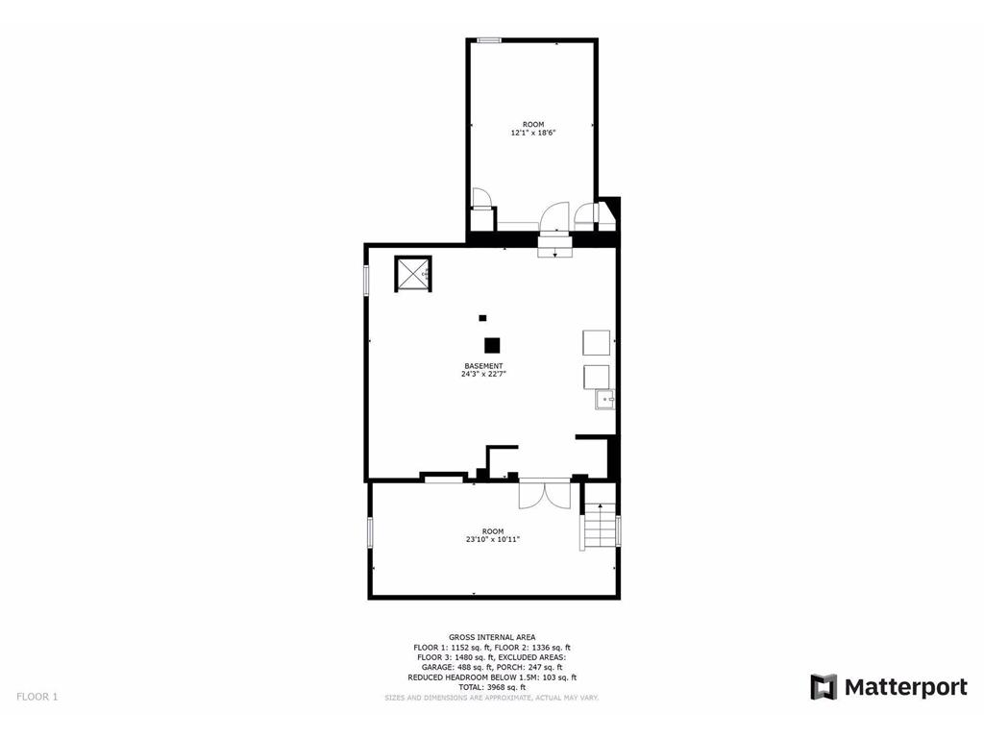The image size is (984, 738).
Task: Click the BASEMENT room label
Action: pyautogui.click(x=483, y=366)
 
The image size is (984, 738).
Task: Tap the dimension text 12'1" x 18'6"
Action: pyautogui.click(x=533, y=133)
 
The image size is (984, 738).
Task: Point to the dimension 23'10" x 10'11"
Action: pyautogui.click(x=493, y=539)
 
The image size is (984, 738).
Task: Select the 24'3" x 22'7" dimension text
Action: pyautogui.click(x=483, y=375)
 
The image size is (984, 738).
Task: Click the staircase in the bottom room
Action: pyautogui.click(x=599, y=525)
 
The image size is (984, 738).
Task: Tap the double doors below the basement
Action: pyautogui.click(x=544, y=493)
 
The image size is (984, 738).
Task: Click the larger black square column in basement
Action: pyautogui.click(x=492, y=346)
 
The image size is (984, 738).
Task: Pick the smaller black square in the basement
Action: pyautogui.click(x=482, y=318)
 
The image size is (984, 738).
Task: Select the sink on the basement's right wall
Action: pyautogui.click(x=605, y=399)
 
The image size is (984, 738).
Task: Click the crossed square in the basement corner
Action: pyautogui.click(x=412, y=274)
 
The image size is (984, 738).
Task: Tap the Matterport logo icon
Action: pyautogui.click(x=824, y=687)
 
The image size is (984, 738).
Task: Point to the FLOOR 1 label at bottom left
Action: pyautogui.click(x=37, y=697)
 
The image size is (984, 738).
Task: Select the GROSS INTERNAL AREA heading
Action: pyautogui.click(x=492, y=637)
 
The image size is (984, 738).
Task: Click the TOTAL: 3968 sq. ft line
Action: pyautogui.click(x=492, y=687)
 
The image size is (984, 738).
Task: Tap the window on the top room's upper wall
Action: pyautogui.click(x=489, y=40)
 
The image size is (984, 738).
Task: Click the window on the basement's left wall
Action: pyautogui.click(x=366, y=281)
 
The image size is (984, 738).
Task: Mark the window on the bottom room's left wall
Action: pyautogui.click(x=371, y=532)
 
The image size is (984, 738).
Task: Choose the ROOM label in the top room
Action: pyautogui.click(x=533, y=124)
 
